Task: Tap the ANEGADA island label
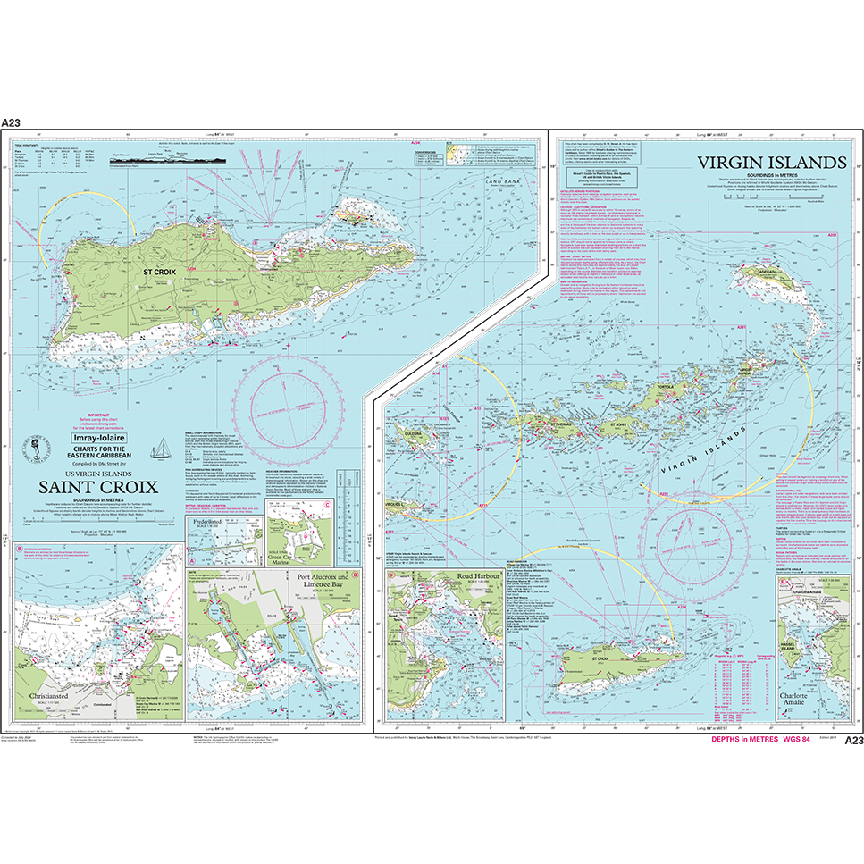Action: click(x=767, y=270)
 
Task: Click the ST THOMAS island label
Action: click(x=556, y=417)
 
